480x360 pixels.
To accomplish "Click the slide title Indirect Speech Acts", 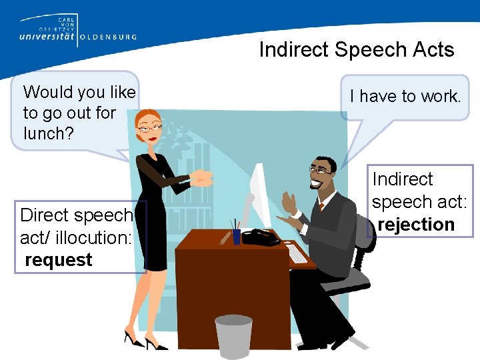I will [x=356, y=50].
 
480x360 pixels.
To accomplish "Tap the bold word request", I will [x=59, y=259].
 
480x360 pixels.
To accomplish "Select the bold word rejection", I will [x=416, y=225].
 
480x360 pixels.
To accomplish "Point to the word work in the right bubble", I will [x=441, y=97].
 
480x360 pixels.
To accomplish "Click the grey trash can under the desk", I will [x=233, y=337].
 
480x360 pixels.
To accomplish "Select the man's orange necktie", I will [x=321, y=207].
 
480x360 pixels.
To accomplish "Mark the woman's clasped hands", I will [x=201, y=178].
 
